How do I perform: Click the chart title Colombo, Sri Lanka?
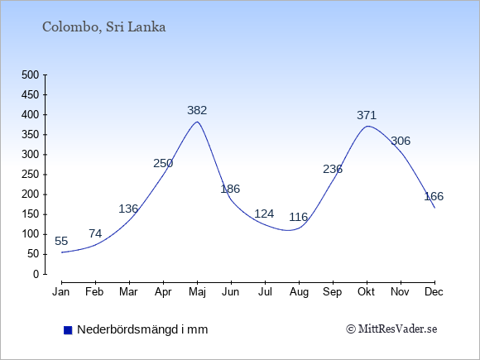[103, 27]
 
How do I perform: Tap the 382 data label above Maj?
[197, 110]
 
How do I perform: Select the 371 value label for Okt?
[367, 115]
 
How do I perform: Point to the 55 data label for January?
[61, 241]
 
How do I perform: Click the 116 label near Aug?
[299, 217]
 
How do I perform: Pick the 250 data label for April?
[163, 164]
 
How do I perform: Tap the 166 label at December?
[434, 196]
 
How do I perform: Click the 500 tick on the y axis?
[31, 75]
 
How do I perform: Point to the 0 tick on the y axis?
[36, 274]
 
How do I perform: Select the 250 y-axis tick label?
[31, 175]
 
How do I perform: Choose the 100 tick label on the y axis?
[31, 234]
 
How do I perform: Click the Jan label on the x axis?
[61, 292]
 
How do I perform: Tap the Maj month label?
[198, 292]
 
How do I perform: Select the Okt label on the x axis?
[366, 292]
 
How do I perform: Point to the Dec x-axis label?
[434, 292]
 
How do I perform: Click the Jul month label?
[265, 292]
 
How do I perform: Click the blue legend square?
[68, 330]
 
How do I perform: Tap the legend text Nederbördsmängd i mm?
[142, 329]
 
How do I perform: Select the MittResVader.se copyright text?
[391, 329]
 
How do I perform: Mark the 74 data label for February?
[95, 234]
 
